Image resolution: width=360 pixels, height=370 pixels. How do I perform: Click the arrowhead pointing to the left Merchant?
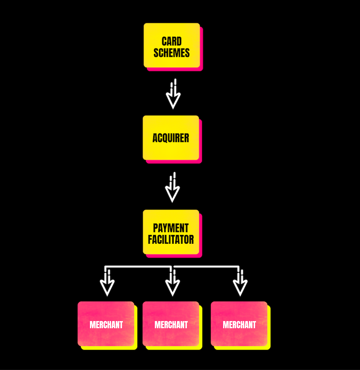click(x=107, y=286)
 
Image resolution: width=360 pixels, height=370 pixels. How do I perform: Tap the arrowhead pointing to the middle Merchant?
click(x=172, y=286)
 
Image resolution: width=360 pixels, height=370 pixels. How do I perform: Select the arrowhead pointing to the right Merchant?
click(x=240, y=286)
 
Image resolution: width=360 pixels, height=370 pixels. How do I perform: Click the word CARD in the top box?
click(x=172, y=41)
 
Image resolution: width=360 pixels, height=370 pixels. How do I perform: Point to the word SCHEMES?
click(x=172, y=53)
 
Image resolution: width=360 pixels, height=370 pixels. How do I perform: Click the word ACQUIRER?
click(x=171, y=138)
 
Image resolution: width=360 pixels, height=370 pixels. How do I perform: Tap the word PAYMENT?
click(x=171, y=228)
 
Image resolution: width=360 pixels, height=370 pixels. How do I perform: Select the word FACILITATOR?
click(x=171, y=240)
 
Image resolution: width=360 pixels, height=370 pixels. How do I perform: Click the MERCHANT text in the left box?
click(x=106, y=325)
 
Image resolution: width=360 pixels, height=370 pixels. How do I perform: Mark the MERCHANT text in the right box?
click(x=239, y=325)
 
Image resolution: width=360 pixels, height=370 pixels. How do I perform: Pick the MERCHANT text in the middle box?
click(x=171, y=325)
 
